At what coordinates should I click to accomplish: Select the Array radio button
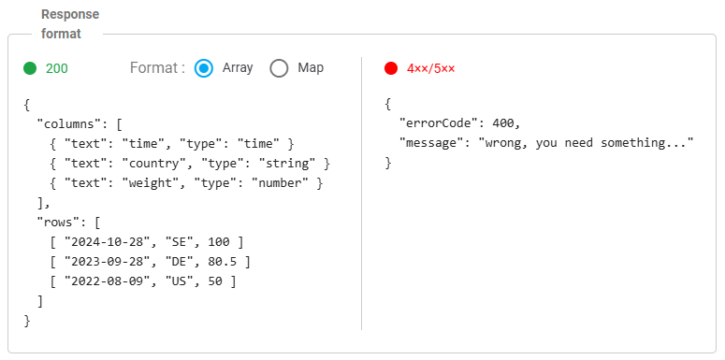click(203, 68)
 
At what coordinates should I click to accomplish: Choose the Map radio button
click(279, 68)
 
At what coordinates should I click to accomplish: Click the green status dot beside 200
click(30, 68)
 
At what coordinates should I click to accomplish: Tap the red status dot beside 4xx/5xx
click(391, 68)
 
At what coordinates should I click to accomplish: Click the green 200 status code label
click(57, 68)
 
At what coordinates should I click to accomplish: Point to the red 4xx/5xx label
click(431, 68)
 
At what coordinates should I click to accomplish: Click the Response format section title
click(70, 24)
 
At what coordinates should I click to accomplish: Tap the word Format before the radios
click(153, 68)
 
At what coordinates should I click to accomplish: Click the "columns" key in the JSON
click(69, 123)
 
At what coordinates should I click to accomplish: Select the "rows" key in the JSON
click(58, 223)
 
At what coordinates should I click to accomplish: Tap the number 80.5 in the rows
click(222, 262)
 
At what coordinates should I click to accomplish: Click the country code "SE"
click(180, 242)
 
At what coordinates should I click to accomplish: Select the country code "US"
click(180, 281)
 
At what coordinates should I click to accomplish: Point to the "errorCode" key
click(438, 123)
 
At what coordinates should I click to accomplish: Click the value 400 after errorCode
click(503, 123)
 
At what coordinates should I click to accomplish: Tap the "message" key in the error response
click(431, 143)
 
